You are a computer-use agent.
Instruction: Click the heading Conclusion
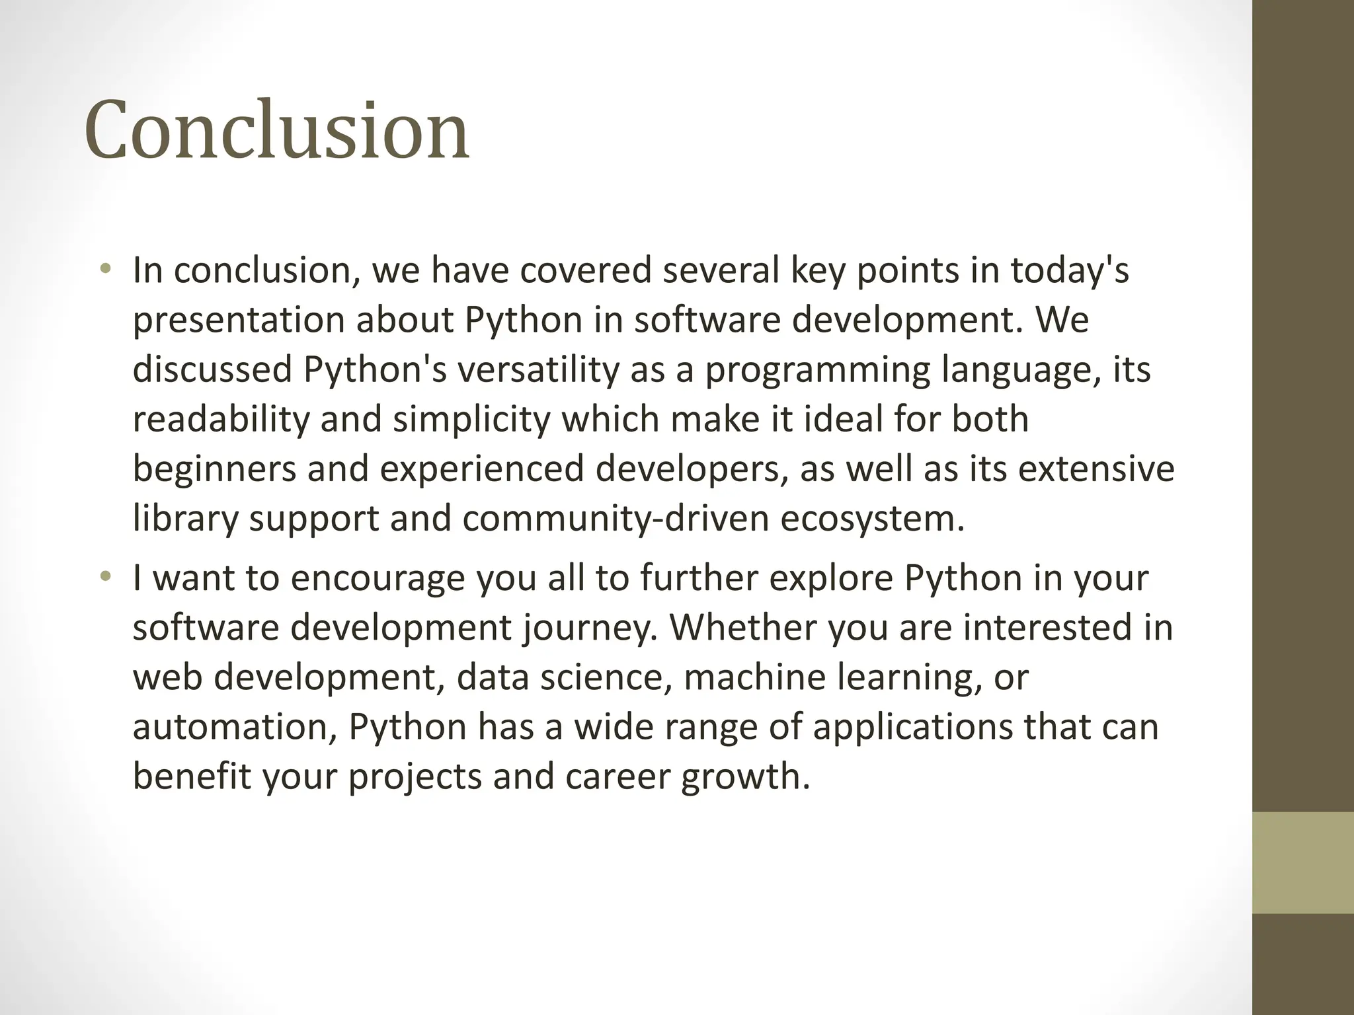276,130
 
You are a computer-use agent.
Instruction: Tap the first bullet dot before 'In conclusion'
104,268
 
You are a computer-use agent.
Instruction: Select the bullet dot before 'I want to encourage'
104,576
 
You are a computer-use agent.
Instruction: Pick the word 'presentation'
239,320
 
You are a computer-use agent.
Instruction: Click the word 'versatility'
538,369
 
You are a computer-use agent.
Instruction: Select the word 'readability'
221,420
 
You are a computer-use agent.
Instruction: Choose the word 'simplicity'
471,420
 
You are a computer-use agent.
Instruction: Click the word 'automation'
235,727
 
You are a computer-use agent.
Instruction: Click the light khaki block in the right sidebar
1302,862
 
